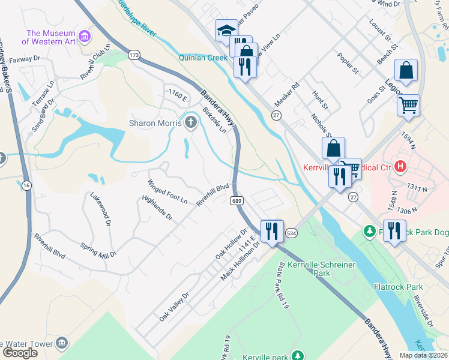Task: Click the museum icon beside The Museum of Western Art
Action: click(x=85, y=38)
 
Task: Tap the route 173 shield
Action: click(x=134, y=55)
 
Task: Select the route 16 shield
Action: click(x=26, y=186)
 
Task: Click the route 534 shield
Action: click(x=292, y=232)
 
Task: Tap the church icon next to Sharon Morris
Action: click(x=191, y=123)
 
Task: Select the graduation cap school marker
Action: click(x=226, y=30)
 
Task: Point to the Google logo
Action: click(x=20, y=352)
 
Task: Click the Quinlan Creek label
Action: click(x=202, y=58)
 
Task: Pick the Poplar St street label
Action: click(x=348, y=62)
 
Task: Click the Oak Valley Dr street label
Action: click(x=174, y=307)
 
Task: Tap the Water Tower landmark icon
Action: click(x=62, y=343)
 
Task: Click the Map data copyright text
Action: click(x=423, y=355)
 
